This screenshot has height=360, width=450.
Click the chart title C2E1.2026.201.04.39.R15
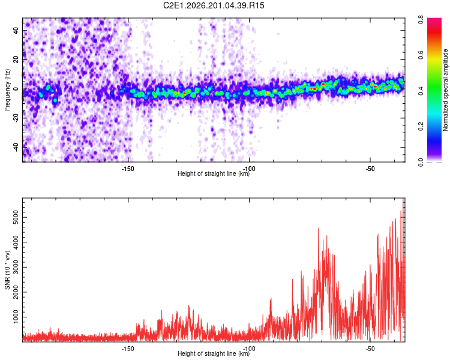(x=214, y=5)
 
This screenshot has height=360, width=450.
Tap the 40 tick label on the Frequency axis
(x=16, y=30)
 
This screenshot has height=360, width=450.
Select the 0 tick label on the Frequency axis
(x=16, y=89)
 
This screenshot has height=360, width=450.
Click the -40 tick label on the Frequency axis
(x=16, y=146)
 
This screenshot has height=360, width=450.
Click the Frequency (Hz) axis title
(x=7, y=90)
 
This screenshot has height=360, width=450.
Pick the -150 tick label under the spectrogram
(x=128, y=169)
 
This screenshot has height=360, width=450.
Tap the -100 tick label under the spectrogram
(x=249, y=169)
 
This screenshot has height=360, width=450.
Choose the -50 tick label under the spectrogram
(x=370, y=169)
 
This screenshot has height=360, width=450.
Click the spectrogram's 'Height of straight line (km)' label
(x=214, y=173)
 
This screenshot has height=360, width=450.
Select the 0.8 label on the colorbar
(x=421, y=20)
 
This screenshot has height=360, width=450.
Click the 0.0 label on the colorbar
(x=421, y=162)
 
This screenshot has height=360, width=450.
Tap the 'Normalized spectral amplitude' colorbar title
(x=445, y=90)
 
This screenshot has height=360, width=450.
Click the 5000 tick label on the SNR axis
(x=16, y=217)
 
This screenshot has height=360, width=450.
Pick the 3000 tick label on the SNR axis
(x=16, y=267)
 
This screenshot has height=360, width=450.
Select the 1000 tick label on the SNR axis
(x=16, y=317)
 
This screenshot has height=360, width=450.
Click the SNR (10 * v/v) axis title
(x=7, y=270)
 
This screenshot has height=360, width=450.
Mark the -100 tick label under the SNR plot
(x=249, y=349)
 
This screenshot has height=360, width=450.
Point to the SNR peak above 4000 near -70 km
(x=318, y=228)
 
